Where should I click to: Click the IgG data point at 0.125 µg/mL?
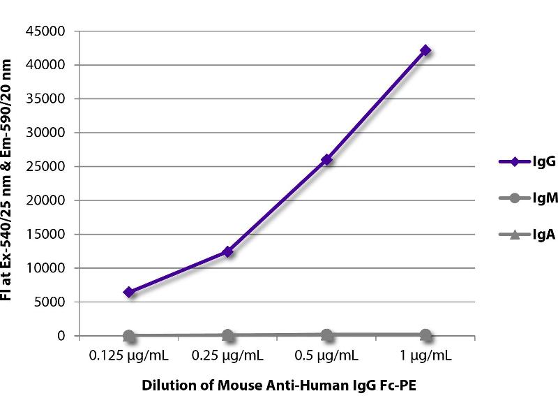129,292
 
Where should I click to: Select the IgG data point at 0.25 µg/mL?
227,251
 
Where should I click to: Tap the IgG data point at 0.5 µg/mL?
326,160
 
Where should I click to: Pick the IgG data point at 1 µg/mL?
425,50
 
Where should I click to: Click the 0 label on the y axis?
62,336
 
